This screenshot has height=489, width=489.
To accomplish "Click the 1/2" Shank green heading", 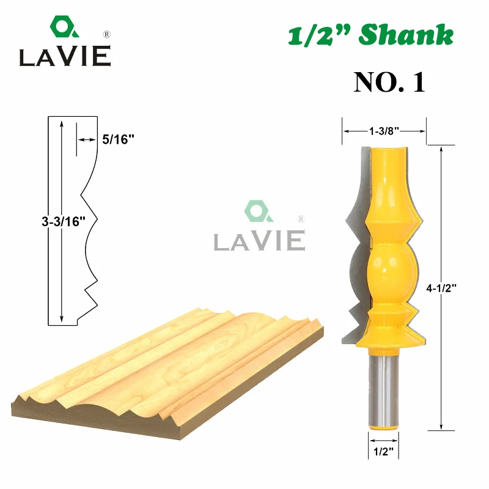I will point(371,36).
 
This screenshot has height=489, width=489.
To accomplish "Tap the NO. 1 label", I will point(389,83).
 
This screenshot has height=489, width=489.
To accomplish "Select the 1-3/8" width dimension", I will point(384,130).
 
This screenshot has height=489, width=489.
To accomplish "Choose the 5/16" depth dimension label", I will point(118,139).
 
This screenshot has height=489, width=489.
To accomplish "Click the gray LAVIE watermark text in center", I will point(259,240).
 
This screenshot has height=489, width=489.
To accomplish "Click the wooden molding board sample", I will point(171,361).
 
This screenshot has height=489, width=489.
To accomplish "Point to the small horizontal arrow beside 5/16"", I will point(86,140).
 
